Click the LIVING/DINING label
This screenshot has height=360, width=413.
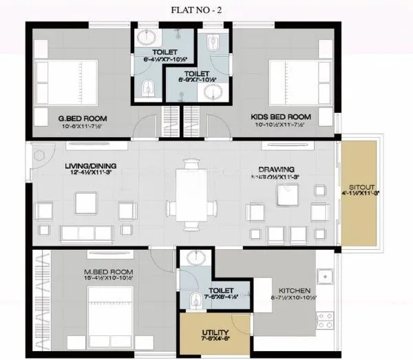tap(70, 166)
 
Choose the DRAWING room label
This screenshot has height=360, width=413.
tap(277, 169)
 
